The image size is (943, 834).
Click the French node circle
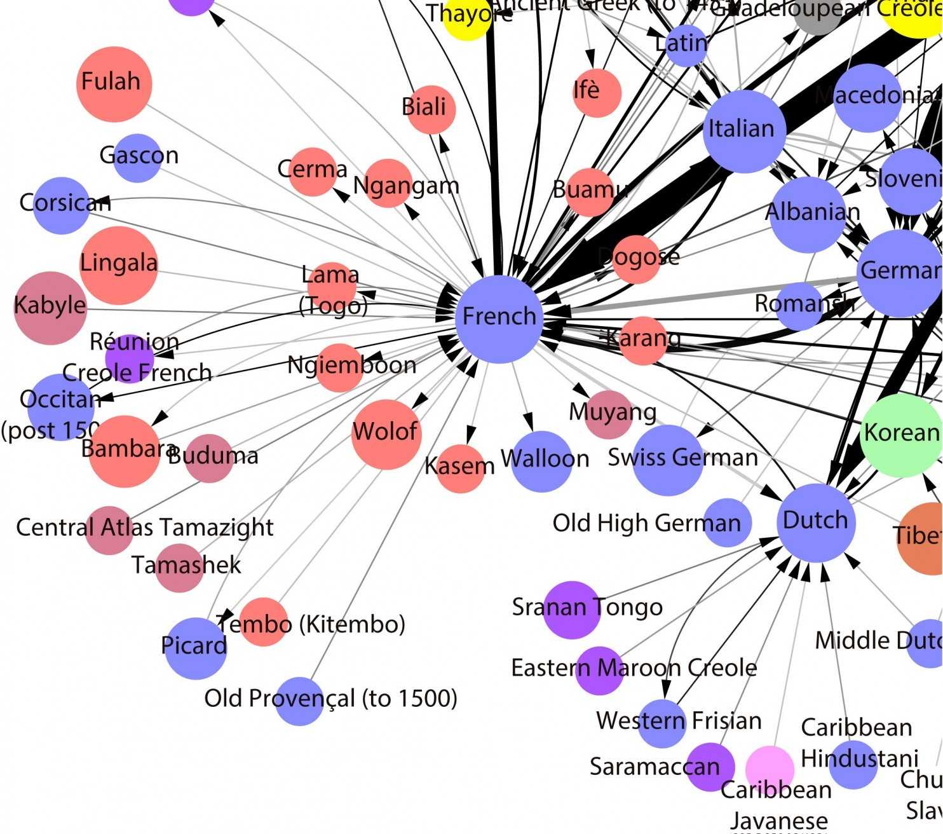(499, 319)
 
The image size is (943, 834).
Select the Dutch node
(816, 523)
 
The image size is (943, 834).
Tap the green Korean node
(901, 435)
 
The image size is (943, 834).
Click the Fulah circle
(114, 84)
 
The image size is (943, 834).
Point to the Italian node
(744, 132)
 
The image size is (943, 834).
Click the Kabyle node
(50, 308)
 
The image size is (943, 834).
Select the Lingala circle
(119, 265)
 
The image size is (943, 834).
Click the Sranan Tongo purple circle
(571, 610)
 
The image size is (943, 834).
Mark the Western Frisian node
(662, 723)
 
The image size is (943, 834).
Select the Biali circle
(431, 109)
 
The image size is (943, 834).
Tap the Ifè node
(596, 93)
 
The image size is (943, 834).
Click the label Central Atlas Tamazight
(145, 528)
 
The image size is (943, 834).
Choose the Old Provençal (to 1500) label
(330, 699)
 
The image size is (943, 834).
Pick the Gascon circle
(137, 158)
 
